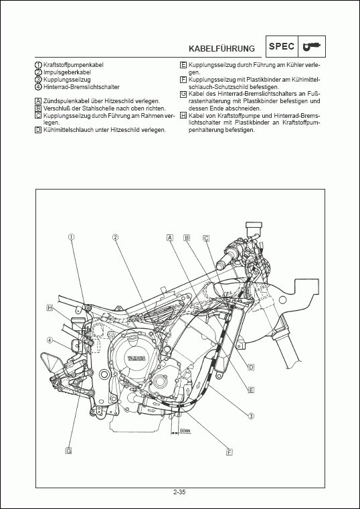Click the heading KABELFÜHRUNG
coord(221,48)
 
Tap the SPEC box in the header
coord(280,46)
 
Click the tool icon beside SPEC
coord(311,46)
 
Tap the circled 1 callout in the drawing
coord(70,237)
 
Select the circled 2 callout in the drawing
coord(115,237)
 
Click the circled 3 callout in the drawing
coord(251,416)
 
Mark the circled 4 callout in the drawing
coord(50,340)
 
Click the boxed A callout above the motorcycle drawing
coord(170,238)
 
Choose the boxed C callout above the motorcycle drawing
coord(206,238)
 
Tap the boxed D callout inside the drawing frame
coord(251,367)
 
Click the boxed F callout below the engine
coord(229,452)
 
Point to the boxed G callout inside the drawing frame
coord(68,451)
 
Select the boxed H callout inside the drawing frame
coord(50,307)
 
